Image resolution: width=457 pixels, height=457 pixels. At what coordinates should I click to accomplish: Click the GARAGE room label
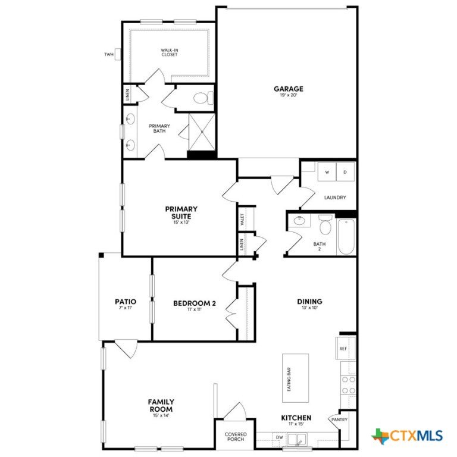[x=288, y=89]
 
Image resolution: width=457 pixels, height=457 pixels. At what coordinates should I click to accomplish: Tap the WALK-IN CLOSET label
[x=170, y=52]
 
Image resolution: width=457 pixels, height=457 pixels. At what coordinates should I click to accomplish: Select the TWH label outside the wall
[x=109, y=55]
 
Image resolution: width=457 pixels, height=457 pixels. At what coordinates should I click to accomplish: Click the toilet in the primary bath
[x=204, y=98]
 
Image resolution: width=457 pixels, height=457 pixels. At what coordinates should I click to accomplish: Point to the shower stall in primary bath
[x=202, y=132]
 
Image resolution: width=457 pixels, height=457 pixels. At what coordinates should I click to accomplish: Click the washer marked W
[x=327, y=172]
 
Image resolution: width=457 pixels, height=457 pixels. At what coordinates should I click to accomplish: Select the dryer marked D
[x=345, y=172]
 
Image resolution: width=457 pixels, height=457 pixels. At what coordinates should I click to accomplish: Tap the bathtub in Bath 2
[x=346, y=237]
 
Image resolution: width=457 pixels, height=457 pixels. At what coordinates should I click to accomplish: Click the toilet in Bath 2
[x=325, y=224]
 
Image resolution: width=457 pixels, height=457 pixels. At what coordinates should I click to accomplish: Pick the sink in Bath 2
[x=299, y=221]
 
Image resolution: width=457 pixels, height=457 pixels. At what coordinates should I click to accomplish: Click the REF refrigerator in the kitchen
[x=346, y=348]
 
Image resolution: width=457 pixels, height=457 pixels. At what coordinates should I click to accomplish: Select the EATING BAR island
[x=295, y=378]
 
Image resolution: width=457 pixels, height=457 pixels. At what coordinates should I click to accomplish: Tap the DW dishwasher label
[x=279, y=437]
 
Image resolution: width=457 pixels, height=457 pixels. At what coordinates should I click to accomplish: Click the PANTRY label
[x=340, y=420]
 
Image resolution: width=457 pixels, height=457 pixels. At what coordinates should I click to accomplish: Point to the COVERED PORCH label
[x=236, y=437]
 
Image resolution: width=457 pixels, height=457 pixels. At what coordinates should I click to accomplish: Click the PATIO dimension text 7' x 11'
[x=126, y=308]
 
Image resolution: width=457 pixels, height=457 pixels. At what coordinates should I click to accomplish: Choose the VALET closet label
[x=242, y=219]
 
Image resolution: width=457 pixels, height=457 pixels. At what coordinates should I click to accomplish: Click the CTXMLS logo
[x=407, y=436]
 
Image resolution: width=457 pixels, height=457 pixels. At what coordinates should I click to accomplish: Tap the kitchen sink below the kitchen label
[x=297, y=439]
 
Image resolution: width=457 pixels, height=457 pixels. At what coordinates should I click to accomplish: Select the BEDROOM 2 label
[x=195, y=303]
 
